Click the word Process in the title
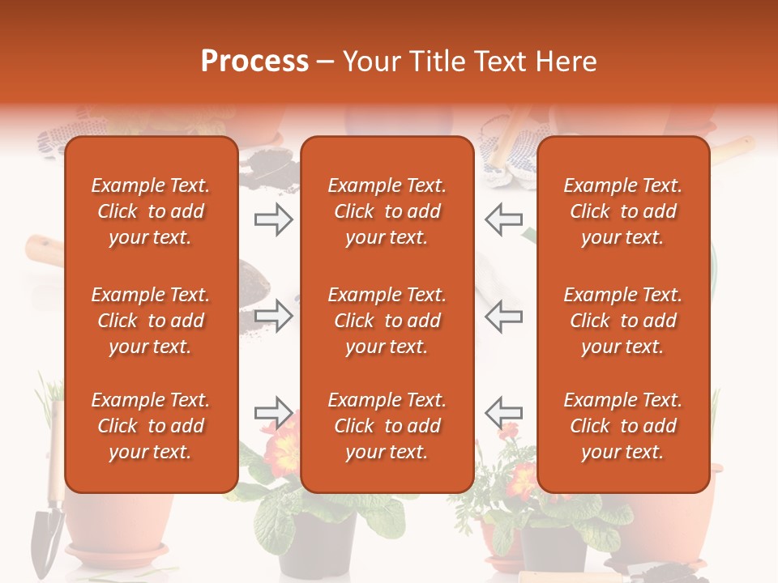[254, 62]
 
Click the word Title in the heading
[438, 62]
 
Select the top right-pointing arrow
[273, 219]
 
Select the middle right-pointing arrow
[273, 316]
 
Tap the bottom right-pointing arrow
[273, 413]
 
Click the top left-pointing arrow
[504, 219]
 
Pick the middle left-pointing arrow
[504, 316]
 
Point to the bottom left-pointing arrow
[504, 413]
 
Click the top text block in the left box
[151, 211]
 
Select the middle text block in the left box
[151, 321]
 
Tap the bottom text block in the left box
[151, 426]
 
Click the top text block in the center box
[387, 211]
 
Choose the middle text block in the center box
[387, 321]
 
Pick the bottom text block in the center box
[387, 426]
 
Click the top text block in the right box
[623, 211]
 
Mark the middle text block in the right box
[623, 321]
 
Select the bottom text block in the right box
[623, 426]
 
